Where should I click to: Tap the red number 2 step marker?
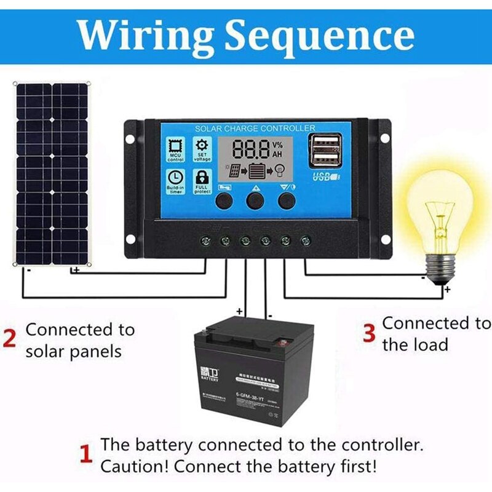(9, 339)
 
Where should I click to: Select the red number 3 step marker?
(369, 333)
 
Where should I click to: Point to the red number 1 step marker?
(87, 454)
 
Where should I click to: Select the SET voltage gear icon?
(202, 149)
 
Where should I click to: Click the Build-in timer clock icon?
(175, 179)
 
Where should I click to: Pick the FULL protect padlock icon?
(202, 179)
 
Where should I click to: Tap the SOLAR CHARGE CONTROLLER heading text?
(255, 128)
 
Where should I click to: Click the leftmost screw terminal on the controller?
(205, 240)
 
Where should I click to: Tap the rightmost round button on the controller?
(285, 200)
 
